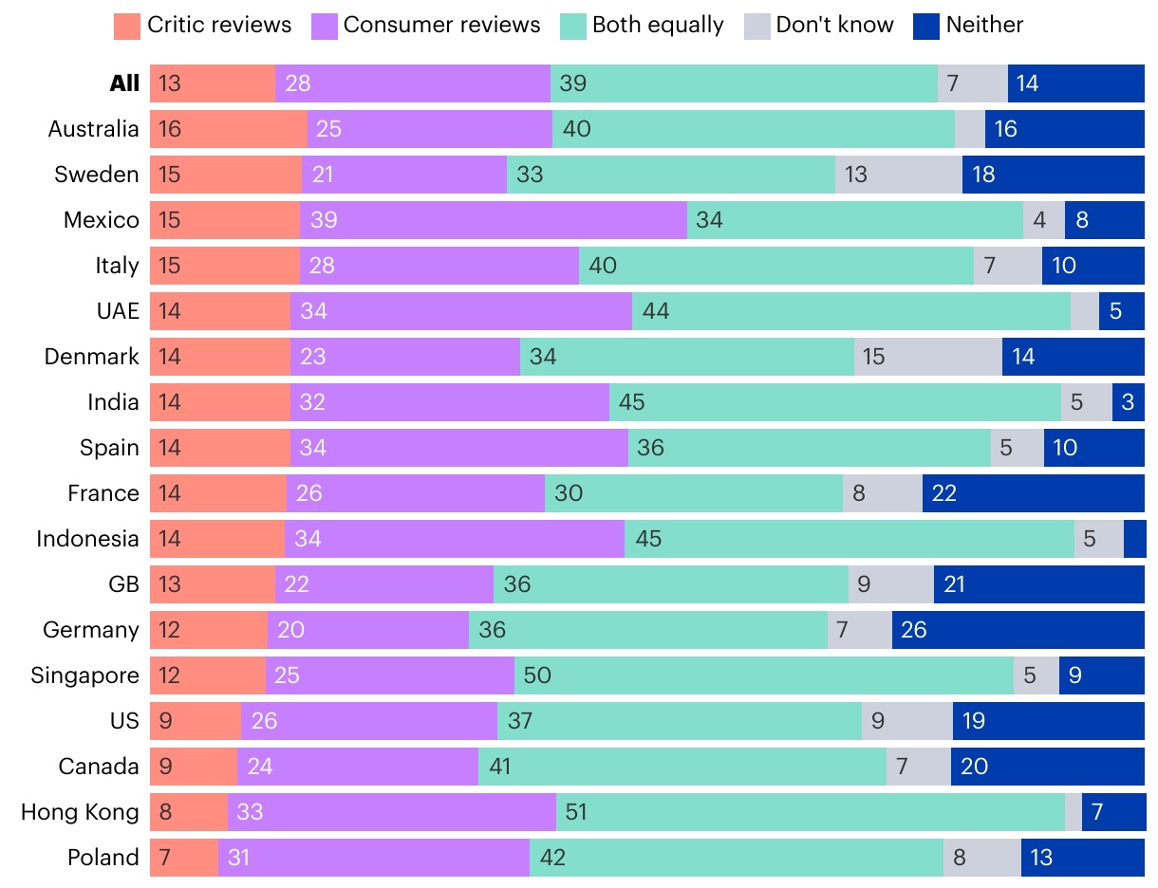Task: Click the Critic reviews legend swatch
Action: coord(126,26)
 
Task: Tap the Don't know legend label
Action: coord(834,26)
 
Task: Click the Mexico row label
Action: coord(102,220)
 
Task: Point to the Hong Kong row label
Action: coord(80,812)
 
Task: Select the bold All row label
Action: coord(124,83)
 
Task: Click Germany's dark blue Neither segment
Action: coord(1018,630)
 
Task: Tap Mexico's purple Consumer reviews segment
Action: coord(493,220)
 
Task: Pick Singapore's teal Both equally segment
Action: coord(763,675)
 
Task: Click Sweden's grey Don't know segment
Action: coord(898,175)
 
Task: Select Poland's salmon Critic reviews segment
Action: coord(183,858)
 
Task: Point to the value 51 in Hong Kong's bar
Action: coord(575,812)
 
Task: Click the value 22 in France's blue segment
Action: coord(944,493)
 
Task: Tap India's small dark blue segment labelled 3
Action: coord(1128,402)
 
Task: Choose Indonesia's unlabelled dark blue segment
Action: coord(1134,539)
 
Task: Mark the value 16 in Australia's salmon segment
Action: coord(170,129)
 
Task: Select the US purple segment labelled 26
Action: coord(368,721)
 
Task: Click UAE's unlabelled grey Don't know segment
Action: coord(1084,311)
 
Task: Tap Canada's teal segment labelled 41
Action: coord(682,767)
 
